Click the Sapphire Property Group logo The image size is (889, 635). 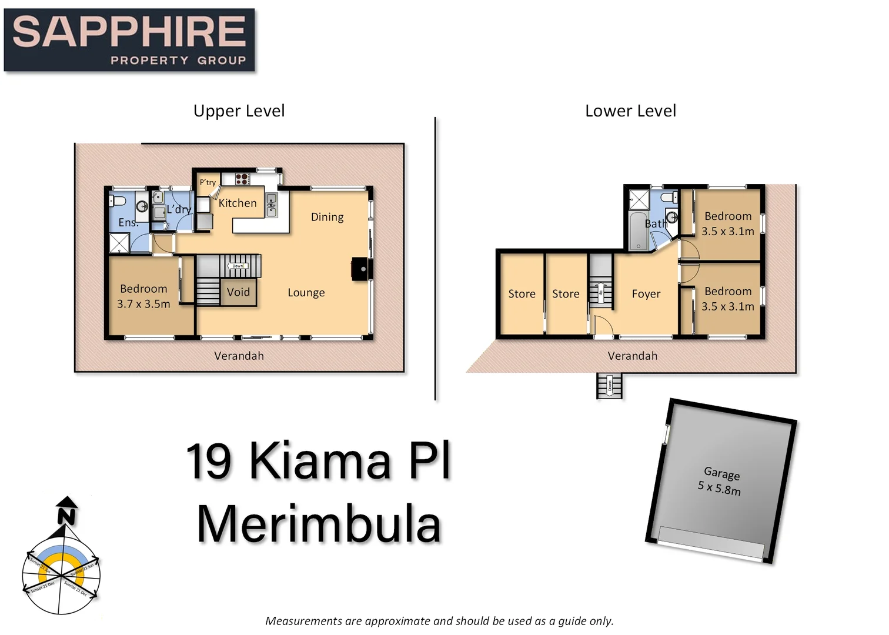coord(129,40)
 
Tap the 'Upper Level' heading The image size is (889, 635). coord(239,111)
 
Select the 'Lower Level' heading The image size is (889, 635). coord(630,111)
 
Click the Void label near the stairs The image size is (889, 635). coord(238,292)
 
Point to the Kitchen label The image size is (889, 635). coord(238,203)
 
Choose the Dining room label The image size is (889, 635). coord(327,217)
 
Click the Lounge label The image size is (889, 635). coord(306,293)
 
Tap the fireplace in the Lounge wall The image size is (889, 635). coord(359,269)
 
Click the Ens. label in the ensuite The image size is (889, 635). coord(128,222)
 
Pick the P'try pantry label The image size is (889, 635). coord(208,182)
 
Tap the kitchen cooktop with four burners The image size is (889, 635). coord(243,179)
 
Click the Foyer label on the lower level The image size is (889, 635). coord(646,294)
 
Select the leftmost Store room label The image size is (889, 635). coord(522,294)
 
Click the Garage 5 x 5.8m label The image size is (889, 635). coord(720,481)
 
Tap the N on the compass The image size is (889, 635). coord(66,516)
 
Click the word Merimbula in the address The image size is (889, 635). coord(319,524)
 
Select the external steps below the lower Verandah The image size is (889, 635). coord(609,386)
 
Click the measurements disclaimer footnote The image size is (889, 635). coord(439,621)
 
